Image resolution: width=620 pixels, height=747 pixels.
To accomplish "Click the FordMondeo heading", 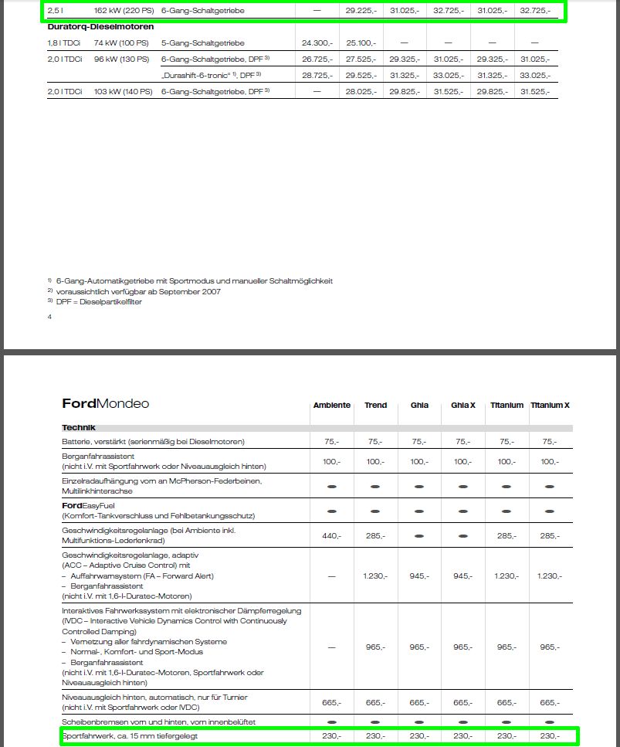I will [x=106, y=404].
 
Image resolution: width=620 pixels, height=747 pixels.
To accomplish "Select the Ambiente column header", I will [x=331, y=406].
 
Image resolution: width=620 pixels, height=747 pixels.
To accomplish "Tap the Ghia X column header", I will [x=462, y=406].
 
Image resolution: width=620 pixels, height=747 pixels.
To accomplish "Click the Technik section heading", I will [x=79, y=427].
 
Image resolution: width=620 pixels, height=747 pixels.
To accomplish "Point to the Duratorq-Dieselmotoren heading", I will [x=100, y=27].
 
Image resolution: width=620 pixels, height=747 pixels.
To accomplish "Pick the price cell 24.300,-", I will [x=317, y=42].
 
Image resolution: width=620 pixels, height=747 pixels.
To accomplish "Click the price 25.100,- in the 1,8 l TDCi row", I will [x=361, y=42].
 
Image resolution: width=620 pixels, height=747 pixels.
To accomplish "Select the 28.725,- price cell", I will [x=317, y=76].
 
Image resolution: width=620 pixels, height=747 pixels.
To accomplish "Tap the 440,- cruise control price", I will [x=331, y=535].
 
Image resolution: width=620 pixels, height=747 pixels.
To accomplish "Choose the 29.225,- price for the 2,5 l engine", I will [x=361, y=11].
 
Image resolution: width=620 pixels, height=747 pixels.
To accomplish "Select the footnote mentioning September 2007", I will [x=138, y=291].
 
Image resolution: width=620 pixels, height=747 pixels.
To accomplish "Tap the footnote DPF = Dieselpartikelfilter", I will [x=99, y=302].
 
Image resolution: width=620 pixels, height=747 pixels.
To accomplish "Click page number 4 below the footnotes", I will [x=50, y=317].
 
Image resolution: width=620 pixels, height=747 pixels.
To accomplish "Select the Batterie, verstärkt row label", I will [x=153, y=442].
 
